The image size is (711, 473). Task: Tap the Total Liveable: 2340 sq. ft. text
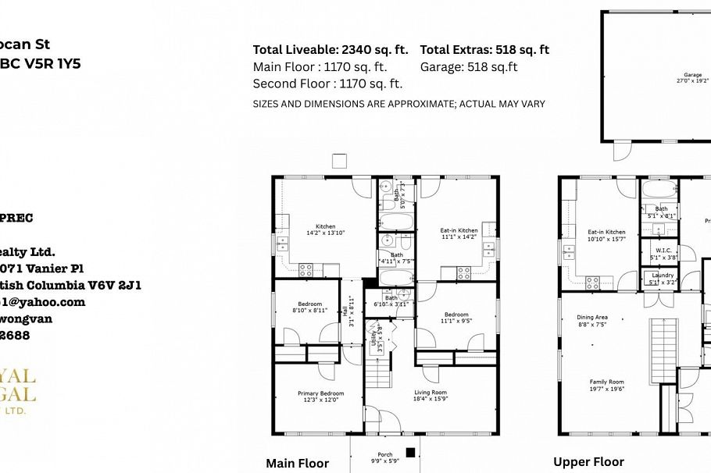click(330, 49)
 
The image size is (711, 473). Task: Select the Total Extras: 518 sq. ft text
click(484, 49)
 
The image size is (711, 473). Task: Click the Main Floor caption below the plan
click(297, 463)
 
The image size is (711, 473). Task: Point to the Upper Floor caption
click(588, 462)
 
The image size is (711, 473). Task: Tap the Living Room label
click(430, 396)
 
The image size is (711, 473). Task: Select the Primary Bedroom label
click(320, 397)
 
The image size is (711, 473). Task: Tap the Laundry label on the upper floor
click(661, 279)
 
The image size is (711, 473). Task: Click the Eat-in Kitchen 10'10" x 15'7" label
click(606, 235)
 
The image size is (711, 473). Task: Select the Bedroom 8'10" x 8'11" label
click(309, 307)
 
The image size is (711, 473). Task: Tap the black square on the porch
click(409, 451)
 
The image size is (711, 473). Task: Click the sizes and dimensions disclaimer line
click(398, 104)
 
